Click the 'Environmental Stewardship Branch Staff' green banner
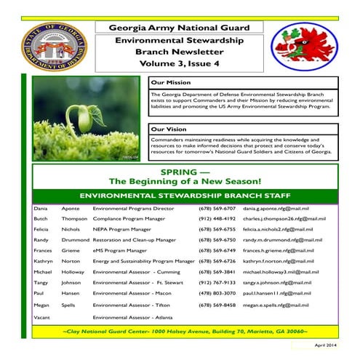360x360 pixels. click(x=185, y=196)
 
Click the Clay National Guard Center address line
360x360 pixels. click(x=185, y=331)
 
